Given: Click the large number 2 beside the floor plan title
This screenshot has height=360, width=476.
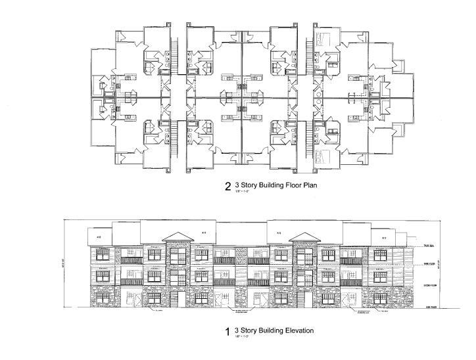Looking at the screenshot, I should (227, 185).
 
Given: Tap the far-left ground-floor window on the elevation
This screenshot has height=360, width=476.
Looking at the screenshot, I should (101, 298).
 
